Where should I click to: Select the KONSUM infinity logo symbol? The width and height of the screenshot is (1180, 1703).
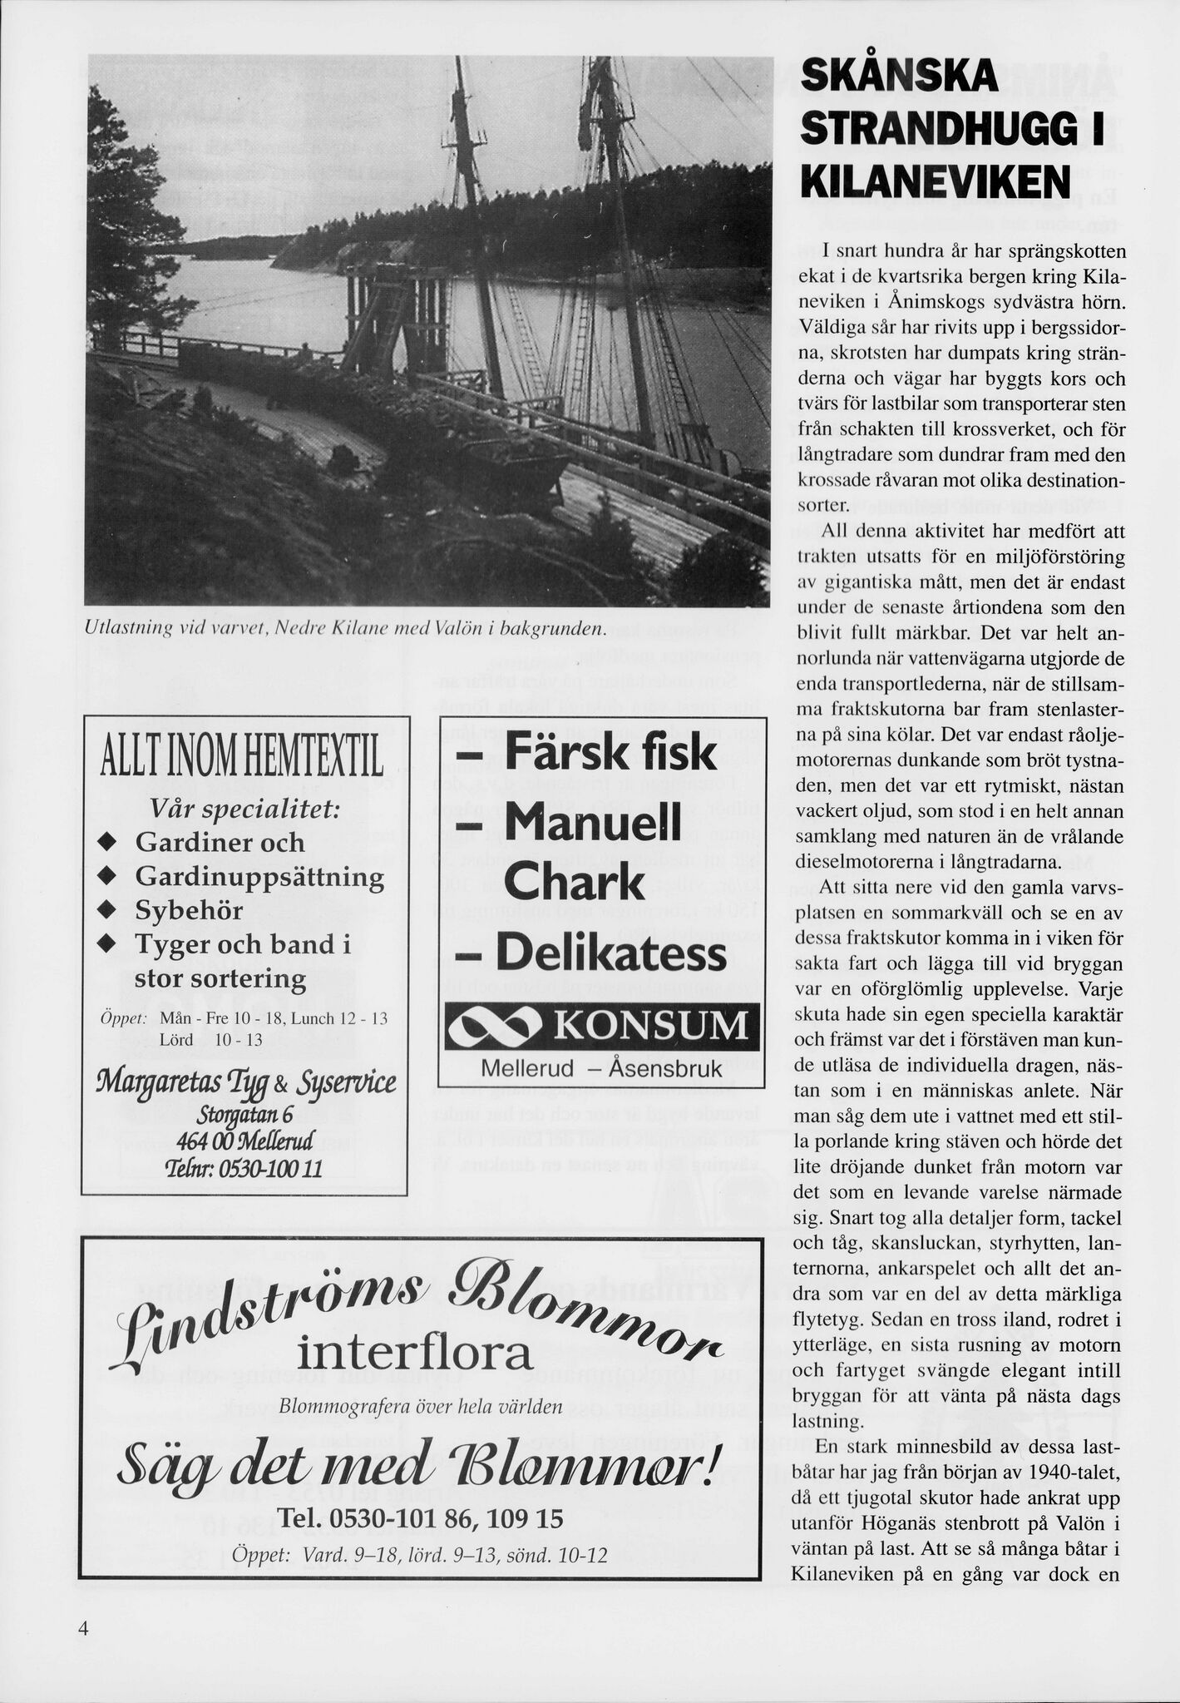pos(496,1027)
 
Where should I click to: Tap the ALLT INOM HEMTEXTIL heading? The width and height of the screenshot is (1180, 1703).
pos(242,760)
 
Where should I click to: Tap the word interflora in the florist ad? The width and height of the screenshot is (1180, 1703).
pos(414,1354)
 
